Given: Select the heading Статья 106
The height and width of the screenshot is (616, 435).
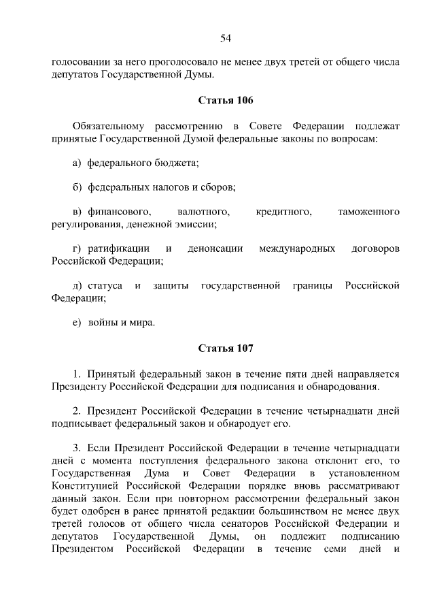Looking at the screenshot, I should click(x=226, y=101).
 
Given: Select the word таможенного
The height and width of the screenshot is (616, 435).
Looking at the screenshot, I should click(x=368, y=212).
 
